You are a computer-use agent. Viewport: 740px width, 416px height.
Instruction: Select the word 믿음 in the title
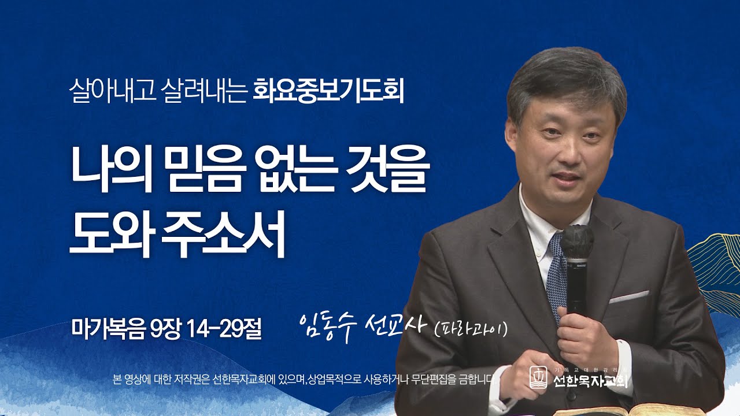click(x=198, y=171)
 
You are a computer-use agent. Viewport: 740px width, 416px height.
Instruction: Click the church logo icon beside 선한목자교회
click(x=538, y=377)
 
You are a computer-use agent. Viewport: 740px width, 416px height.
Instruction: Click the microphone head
click(x=576, y=243)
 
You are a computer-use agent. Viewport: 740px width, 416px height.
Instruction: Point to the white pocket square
click(x=629, y=297)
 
